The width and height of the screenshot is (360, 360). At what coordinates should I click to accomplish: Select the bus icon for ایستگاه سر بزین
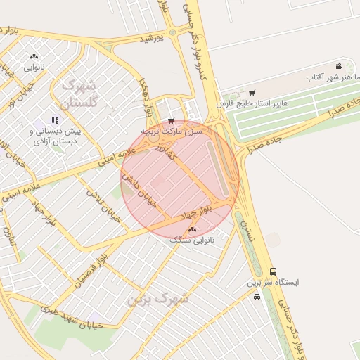[273, 271]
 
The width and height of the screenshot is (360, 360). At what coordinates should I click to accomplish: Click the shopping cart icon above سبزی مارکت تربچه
[170, 121]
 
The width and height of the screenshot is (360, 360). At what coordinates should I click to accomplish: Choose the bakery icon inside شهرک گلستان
[34, 57]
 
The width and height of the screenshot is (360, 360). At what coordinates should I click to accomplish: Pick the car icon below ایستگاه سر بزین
[257, 297]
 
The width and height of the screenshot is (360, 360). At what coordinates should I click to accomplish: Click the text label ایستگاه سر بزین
[273, 283]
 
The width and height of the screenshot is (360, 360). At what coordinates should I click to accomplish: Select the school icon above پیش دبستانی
[55, 120]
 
